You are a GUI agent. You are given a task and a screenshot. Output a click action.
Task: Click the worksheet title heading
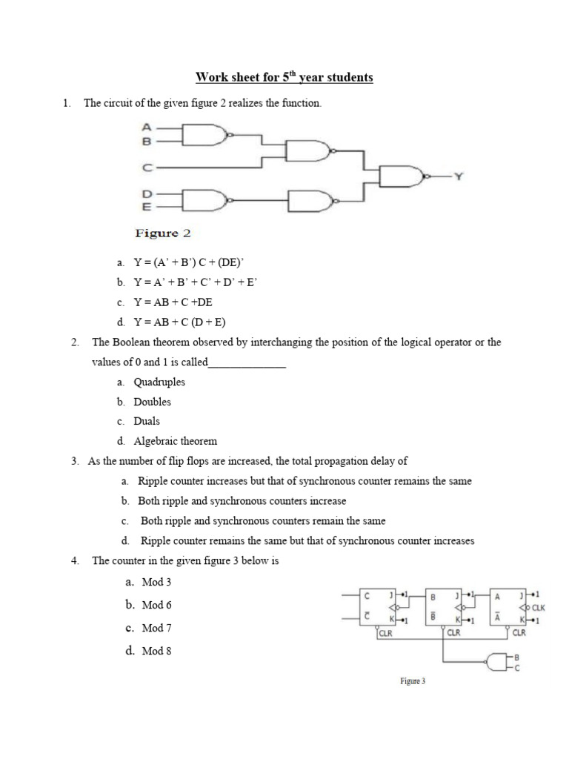284,77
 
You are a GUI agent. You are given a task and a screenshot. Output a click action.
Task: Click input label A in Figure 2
147,127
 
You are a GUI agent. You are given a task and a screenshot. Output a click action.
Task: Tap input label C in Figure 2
147,168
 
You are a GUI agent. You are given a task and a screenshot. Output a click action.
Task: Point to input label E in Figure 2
147,206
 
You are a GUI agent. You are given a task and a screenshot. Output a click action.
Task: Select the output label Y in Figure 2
459,176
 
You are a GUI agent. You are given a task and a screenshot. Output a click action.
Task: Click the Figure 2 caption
162,233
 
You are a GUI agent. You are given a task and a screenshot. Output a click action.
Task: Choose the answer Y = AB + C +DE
173,302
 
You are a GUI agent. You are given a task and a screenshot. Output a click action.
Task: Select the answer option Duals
147,421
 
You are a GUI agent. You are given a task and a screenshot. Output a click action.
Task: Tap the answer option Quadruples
159,382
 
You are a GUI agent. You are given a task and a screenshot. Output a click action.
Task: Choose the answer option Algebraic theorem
175,441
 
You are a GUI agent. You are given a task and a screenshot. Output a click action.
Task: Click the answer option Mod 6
156,606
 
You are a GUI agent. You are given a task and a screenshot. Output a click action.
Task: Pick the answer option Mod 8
156,652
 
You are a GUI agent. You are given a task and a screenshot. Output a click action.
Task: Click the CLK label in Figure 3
539,606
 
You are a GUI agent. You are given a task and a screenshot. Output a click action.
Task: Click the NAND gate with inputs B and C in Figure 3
496,662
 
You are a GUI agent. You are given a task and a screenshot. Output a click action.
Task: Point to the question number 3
76,461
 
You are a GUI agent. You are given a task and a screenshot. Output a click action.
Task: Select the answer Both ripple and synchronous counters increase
242,501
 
